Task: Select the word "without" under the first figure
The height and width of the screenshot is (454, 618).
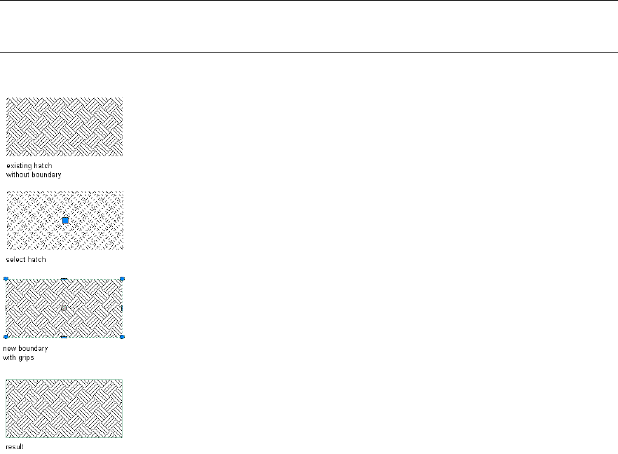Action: (x=19, y=174)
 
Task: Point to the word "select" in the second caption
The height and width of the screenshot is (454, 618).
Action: (x=15, y=260)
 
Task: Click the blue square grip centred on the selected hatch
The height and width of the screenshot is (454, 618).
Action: (x=65, y=221)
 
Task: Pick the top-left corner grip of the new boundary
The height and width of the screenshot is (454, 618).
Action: (x=6, y=279)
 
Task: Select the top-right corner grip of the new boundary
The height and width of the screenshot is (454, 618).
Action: (x=123, y=279)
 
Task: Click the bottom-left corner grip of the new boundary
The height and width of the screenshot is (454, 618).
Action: (x=6, y=337)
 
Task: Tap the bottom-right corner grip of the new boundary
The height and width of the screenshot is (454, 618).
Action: (x=123, y=337)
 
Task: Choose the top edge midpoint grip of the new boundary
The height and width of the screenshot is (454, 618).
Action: (x=64, y=279)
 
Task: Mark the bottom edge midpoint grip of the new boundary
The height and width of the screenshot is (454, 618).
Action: (x=64, y=337)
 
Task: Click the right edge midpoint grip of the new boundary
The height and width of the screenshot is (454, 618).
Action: (x=123, y=308)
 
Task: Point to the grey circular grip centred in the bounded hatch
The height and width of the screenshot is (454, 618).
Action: (x=64, y=308)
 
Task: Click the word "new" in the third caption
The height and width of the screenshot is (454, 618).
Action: (x=9, y=348)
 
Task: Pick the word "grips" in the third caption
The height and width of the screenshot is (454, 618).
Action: (x=27, y=357)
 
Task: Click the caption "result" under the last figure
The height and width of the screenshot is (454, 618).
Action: (x=15, y=446)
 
